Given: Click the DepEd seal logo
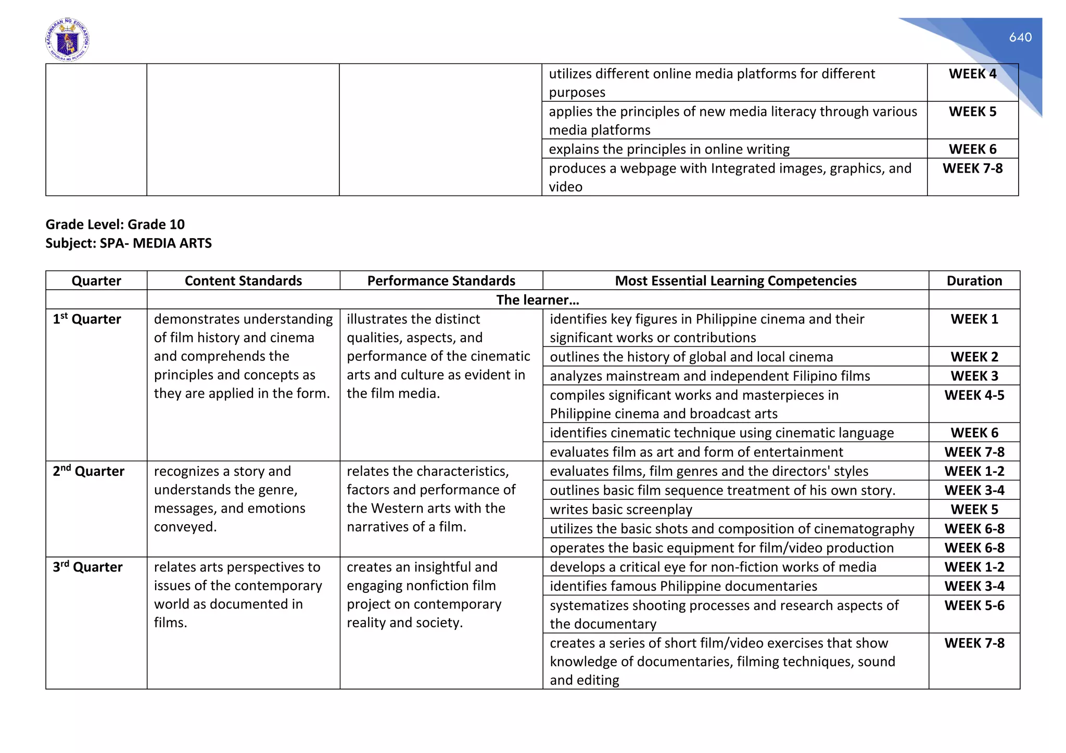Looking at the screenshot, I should pos(67,40).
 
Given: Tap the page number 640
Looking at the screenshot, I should pos(1020,37).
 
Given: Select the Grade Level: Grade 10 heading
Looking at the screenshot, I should pos(115,224).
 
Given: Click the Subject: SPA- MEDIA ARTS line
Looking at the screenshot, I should pos(129,243).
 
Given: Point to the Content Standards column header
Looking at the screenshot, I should pos(243,281).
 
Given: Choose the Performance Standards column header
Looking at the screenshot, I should pos(441,281).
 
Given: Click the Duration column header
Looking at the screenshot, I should pos(974,281).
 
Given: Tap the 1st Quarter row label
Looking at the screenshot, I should pos(87,319).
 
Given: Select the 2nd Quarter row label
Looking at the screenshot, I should pos(88,472).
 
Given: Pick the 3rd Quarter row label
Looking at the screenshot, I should pos(87,567).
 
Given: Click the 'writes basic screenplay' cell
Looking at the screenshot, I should pos(621,510).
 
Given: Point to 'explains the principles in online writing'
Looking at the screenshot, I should pos(669,149).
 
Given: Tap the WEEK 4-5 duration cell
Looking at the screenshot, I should pos(974,395).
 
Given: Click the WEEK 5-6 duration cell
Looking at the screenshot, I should pos(974,606).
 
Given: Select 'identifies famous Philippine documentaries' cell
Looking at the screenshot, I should pos(683,587).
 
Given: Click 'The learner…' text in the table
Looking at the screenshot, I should pos(537,300).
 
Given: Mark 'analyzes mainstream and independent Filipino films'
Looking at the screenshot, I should pos(709,376).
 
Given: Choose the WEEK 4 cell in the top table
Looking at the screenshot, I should pos(972,74).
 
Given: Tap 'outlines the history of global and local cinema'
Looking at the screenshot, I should pos(691,357).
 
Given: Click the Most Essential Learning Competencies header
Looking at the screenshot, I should pos(735,281).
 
